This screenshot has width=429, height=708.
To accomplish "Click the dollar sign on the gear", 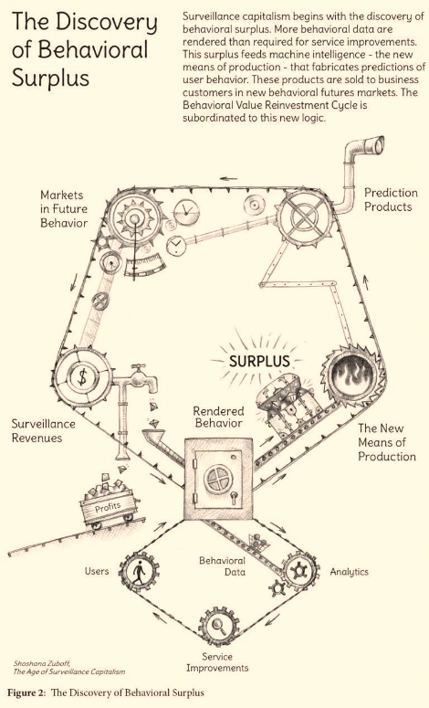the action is tap(82, 376).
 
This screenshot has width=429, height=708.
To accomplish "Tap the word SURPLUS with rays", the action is tap(259, 361).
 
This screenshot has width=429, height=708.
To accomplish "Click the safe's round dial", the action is tap(219, 479).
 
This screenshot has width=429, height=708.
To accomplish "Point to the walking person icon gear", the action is tap(139, 572).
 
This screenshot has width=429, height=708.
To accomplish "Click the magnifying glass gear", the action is tap(219, 627).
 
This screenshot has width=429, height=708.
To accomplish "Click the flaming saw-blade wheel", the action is tap(352, 374).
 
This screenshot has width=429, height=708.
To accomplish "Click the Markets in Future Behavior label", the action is tap(64, 208).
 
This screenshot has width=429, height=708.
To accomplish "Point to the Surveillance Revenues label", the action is tap(43, 431).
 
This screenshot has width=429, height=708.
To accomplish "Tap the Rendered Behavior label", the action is tap(218, 417).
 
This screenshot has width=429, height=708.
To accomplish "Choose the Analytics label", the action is tap(350, 572).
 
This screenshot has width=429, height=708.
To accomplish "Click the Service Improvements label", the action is tap(217, 662).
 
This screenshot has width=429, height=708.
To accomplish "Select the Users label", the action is tap(97, 571).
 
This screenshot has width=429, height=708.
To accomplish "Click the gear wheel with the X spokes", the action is tap(304, 217).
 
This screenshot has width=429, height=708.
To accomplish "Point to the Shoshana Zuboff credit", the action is tap(69, 668).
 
